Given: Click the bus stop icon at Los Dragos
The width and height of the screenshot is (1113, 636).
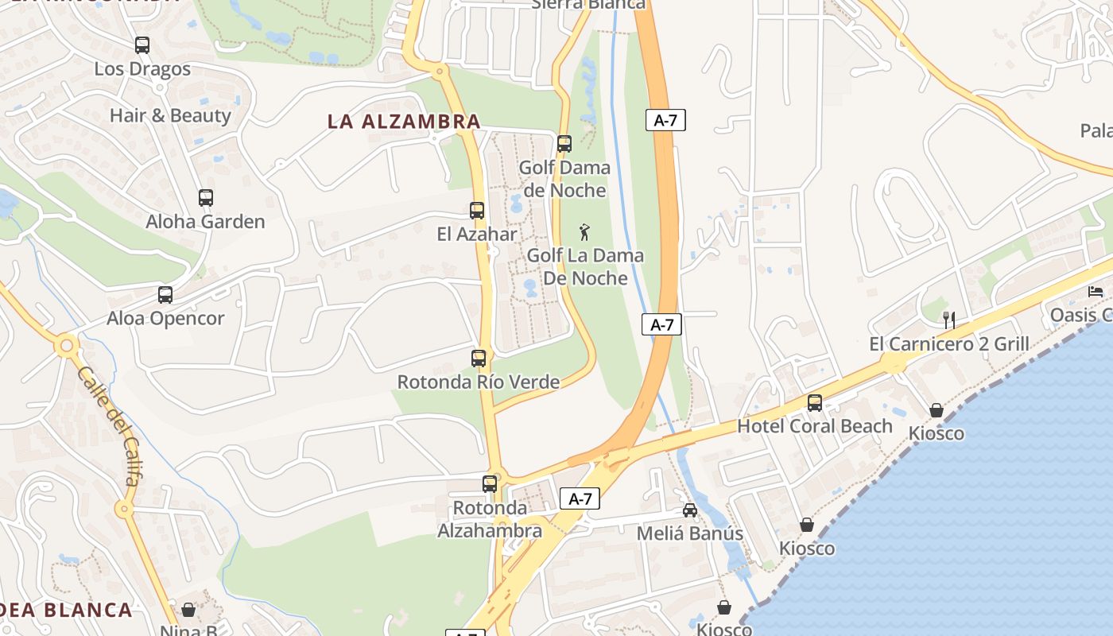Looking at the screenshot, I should tap(142, 45).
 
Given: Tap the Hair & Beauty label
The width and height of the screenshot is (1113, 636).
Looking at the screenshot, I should tap(170, 115).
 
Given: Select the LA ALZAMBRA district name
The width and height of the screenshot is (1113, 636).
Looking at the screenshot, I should tap(404, 122).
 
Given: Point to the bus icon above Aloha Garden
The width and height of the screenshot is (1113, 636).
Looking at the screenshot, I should tap(206, 198).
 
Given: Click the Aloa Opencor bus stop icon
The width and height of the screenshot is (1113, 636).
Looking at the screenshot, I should tap(165, 295).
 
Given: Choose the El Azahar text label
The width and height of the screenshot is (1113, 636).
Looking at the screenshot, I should tap(477, 235).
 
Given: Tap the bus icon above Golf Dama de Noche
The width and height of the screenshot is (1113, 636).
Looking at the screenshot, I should tap(564, 144).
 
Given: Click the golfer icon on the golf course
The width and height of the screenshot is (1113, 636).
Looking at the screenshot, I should tap(585, 232).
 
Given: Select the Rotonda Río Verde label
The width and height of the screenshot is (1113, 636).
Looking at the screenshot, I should tap(478, 382).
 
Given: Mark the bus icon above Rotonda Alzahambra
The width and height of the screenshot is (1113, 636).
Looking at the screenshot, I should tap(490, 483).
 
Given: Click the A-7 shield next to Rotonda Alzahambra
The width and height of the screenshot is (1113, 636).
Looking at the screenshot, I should tap(580, 499).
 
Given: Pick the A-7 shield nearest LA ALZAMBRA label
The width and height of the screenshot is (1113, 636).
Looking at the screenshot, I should tap(665, 120).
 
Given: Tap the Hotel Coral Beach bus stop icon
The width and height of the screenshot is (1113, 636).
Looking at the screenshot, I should tap(815, 403).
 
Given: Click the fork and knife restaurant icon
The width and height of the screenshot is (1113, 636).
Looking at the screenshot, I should tap(948, 320).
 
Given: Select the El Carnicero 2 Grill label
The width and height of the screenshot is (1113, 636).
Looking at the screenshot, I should tap(948, 344).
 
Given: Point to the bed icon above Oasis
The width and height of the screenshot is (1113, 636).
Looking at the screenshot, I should tap(1096, 292).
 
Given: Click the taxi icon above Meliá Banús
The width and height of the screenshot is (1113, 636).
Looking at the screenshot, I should tap(690, 510).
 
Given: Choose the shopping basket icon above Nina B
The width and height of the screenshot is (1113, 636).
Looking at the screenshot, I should tap(188, 610).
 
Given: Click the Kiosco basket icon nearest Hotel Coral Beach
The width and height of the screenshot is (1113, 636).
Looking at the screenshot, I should tap(937, 410).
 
